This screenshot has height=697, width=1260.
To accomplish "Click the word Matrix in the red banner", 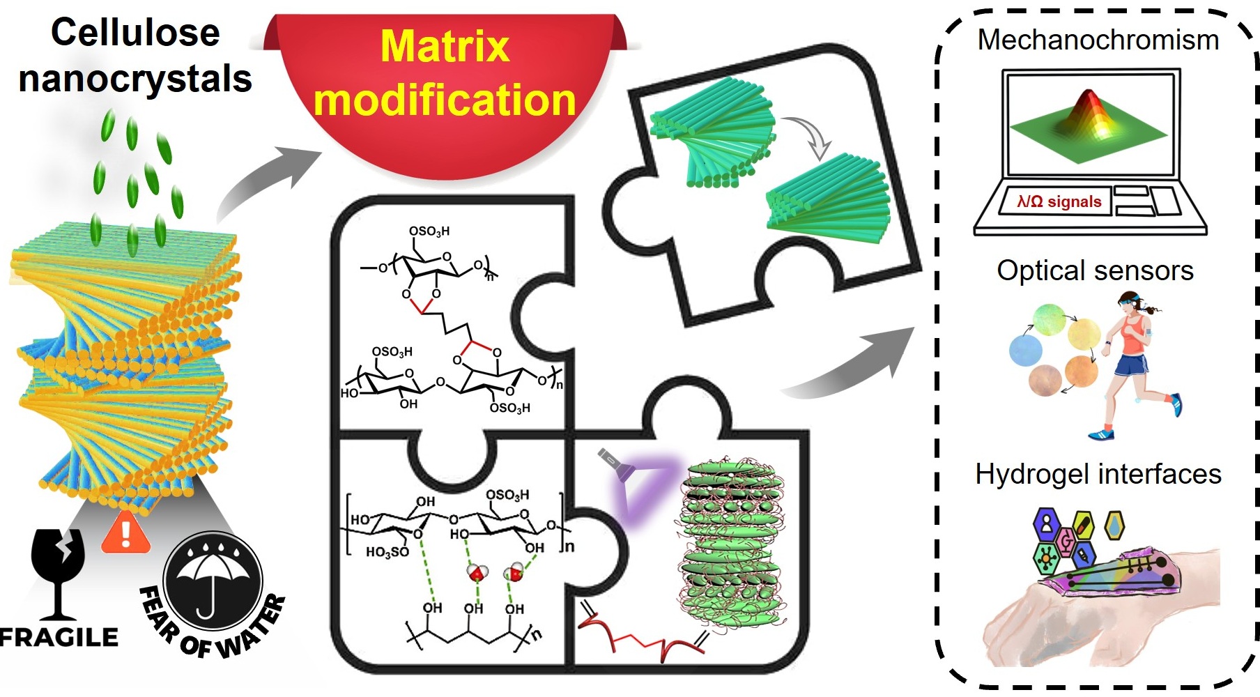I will (x=445, y=47).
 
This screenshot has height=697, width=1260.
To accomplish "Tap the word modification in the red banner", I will (x=445, y=100).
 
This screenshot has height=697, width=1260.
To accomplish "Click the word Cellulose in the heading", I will (x=135, y=33).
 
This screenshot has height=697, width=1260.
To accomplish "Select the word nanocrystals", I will (x=135, y=79).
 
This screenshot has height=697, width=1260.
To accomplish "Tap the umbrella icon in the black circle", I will (x=212, y=579).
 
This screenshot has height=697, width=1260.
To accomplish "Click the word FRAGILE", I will (x=59, y=637).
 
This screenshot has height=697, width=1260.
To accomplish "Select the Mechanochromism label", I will (x=1098, y=40).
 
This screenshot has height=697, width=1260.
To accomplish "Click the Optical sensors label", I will (x=1095, y=270).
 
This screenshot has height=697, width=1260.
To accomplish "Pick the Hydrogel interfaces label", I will (x=1098, y=474).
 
